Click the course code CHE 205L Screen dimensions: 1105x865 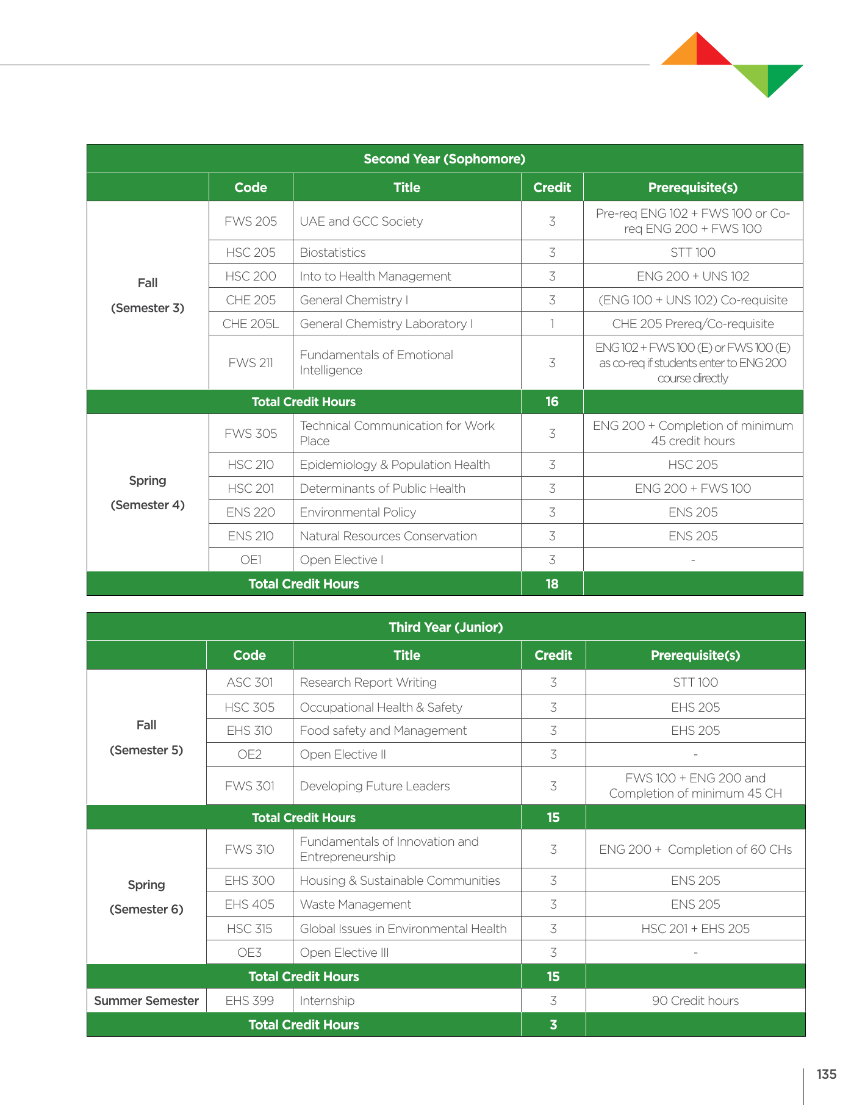(x=250, y=324)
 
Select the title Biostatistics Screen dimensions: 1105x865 (x=332, y=252)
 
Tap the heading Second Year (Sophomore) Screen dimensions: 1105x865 (x=444, y=159)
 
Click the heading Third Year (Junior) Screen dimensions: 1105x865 (x=445, y=627)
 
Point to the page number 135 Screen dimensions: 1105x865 (x=826, y=1075)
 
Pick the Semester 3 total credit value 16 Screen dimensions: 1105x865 (x=551, y=402)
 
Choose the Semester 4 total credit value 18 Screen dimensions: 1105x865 (x=551, y=584)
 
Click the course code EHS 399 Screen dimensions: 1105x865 (x=249, y=1001)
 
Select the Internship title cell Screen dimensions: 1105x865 (x=327, y=1001)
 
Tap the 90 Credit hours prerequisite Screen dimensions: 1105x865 (x=695, y=1001)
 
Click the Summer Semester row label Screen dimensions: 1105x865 (x=146, y=1001)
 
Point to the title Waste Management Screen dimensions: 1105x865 (x=355, y=904)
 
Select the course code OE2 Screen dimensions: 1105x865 (x=249, y=754)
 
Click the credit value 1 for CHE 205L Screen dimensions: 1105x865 (x=551, y=324)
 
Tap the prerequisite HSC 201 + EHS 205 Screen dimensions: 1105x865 (x=695, y=929)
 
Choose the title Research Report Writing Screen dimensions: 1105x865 (x=368, y=682)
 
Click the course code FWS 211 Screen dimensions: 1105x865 (x=250, y=363)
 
